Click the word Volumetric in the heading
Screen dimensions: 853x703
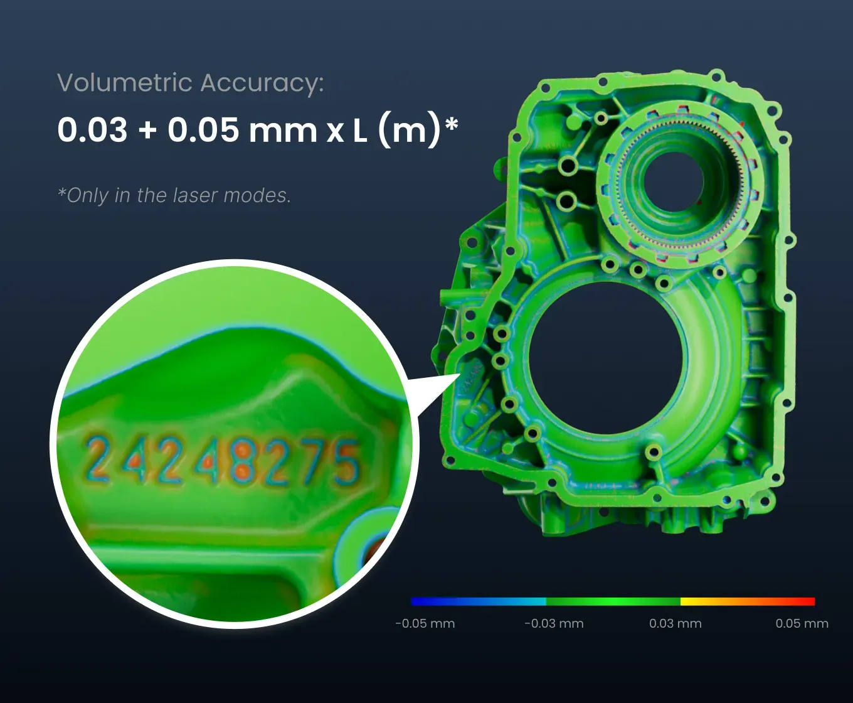(x=125, y=83)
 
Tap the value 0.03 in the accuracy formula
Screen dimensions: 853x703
(x=92, y=130)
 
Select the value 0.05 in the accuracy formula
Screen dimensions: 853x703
(x=203, y=130)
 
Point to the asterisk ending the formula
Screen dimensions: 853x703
(x=452, y=124)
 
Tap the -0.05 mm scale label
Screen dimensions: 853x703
(x=425, y=623)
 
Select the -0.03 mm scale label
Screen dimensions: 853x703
(x=554, y=623)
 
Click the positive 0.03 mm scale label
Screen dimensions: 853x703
(x=676, y=623)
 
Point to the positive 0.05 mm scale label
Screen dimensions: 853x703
(x=802, y=623)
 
